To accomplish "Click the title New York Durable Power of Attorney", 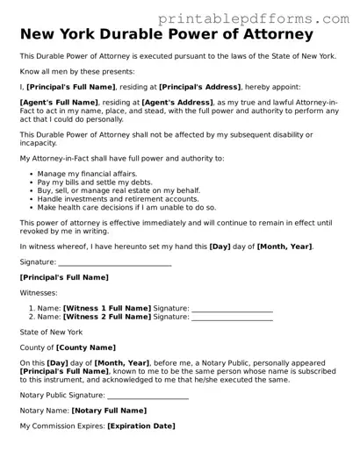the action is coord(166,35).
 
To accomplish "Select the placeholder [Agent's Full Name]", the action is coord(58,103).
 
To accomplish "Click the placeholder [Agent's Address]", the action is coord(162,103).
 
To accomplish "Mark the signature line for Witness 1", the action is coord(232,311).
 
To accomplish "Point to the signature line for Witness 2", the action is coord(232,319).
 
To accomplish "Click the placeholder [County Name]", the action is coord(86,348).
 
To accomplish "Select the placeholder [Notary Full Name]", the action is coord(109,411).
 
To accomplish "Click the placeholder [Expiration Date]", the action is coord(141,426).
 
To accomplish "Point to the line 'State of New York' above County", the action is coord(51,333).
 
